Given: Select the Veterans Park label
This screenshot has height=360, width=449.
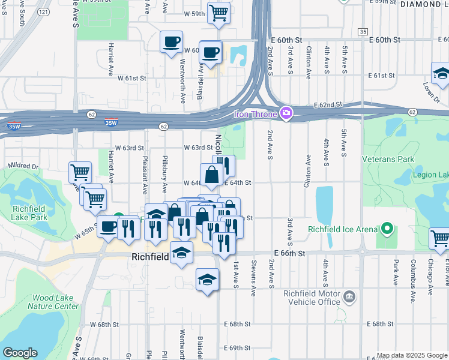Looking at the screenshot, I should coord(388,160).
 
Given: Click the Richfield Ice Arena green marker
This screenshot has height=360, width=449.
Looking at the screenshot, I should coord(387,229).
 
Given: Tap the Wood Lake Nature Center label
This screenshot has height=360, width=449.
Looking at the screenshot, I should coord(55,302).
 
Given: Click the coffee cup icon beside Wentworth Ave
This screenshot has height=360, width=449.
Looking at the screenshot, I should coord(172,42).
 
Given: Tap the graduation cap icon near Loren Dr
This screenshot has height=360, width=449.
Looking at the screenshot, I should coord(441,74).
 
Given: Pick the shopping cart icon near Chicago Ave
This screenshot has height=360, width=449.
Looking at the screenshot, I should coord(440,238).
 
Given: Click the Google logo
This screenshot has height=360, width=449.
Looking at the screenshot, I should coord(20,353).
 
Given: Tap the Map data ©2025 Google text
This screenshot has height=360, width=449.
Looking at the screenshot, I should coord(411,355).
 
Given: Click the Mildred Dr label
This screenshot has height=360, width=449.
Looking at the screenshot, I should coord(23,166).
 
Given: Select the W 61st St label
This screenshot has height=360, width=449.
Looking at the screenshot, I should coord(131,79).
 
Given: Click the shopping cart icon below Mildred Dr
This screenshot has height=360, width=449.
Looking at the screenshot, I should coord(79,173).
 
